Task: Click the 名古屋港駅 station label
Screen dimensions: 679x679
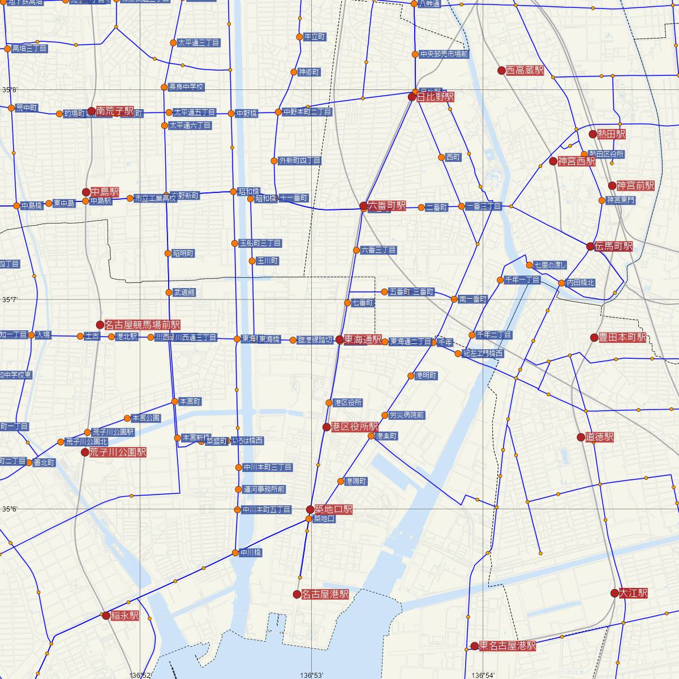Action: click(x=325, y=594)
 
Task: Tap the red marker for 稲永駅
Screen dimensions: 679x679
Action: click(x=106, y=616)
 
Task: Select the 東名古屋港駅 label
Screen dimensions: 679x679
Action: click(x=507, y=646)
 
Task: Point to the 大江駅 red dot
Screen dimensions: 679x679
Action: click(x=614, y=593)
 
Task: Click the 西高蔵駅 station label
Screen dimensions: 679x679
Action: click(x=525, y=71)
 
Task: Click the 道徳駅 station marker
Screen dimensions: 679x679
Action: click(x=581, y=437)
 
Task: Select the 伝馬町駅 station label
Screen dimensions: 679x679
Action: click(x=613, y=246)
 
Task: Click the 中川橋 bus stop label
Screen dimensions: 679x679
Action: click(x=251, y=553)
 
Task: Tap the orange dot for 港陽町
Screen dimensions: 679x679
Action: click(x=341, y=482)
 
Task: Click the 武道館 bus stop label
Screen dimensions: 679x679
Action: click(x=184, y=293)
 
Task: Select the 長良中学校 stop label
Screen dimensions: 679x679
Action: click(x=186, y=87)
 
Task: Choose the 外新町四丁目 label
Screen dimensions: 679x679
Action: click(x=300, y=161)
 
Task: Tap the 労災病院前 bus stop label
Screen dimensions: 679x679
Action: click(x=406, y=415)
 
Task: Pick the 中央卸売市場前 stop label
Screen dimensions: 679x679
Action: click(x=444, y=54)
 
